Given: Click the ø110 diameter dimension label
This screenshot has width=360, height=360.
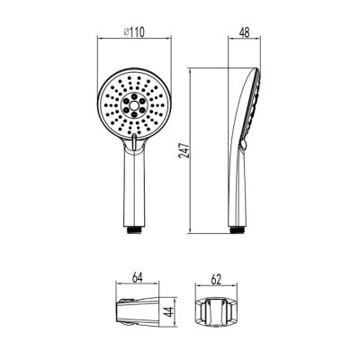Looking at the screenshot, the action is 134,32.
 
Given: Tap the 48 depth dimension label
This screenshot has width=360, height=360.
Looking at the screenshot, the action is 245,32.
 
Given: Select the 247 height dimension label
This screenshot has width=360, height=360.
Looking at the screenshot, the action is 184,151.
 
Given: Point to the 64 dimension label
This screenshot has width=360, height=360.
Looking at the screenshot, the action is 137,277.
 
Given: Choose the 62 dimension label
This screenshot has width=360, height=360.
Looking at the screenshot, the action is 216,279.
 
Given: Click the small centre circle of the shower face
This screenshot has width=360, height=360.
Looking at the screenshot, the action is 134,104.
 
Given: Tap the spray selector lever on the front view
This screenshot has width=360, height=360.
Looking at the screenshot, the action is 134,142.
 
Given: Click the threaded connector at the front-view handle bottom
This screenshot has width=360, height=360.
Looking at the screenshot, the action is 134,230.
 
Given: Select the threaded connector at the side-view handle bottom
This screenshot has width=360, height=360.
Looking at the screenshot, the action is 238,230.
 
